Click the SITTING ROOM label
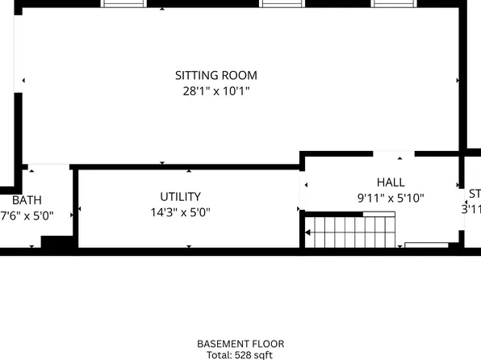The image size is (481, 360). tap(216, 76)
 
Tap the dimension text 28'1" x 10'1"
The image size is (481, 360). tap(216, 91)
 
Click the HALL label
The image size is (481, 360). tap(391, 182)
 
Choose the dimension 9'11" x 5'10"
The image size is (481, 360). tap(391, 198)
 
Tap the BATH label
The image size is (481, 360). tap(27, 200)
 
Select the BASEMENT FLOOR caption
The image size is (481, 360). tap(240, 344)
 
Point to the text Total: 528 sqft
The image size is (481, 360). tap(240, 354)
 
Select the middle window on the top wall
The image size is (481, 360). tap(282, 3)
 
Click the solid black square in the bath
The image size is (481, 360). tap(56, 242)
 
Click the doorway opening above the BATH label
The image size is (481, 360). tap(48, 167)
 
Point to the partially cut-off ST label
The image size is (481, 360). tap(475, 194)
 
